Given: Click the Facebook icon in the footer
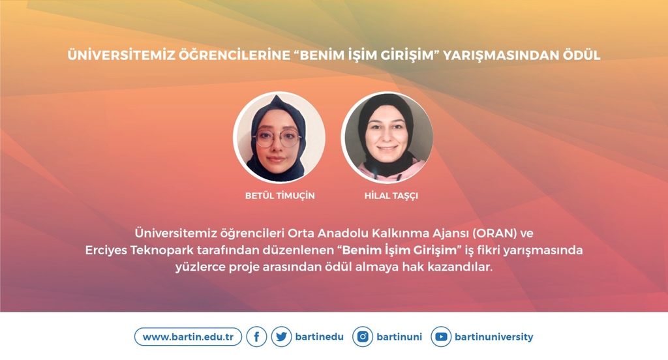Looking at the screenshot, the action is (x=256, y=337).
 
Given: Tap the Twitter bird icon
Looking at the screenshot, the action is (x=281, y=337).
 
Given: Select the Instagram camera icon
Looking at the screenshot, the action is (x=363, y=337).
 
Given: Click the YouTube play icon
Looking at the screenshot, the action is (x=441, y=337).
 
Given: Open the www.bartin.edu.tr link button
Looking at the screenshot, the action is (x=188, y=337).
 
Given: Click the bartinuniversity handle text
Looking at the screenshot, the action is (x=494, y=337).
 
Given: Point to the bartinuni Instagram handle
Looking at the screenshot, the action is (x=399, y=337).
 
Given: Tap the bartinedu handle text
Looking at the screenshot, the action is (x=319, y=337).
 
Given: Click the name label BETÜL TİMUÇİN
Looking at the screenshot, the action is (x=280, y=196).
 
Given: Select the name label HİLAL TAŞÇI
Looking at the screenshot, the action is (x=391, y=196).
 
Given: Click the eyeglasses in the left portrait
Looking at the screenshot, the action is (x=277, y=138).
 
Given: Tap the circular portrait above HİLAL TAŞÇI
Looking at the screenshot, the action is (x=387, y=138).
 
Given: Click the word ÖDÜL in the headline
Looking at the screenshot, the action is (x=581, y=55).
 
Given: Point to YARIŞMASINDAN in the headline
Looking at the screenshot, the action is (x=501, y=55).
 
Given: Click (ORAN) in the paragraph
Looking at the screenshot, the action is (x=494, y=233).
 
